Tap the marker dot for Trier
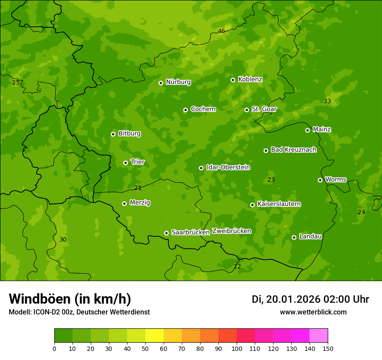125,163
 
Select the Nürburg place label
178,82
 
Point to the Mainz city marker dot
307,130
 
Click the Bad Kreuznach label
293,150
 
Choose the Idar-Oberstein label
228,167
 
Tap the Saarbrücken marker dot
166,233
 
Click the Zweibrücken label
231,231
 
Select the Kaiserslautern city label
279,204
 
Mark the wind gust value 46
221,31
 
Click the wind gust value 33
327,101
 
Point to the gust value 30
63,239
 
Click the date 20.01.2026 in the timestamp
293,299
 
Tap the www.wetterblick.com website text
313,312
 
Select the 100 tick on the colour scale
237,348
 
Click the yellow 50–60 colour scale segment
155,336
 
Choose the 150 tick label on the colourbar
328,348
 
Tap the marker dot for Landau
294,237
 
